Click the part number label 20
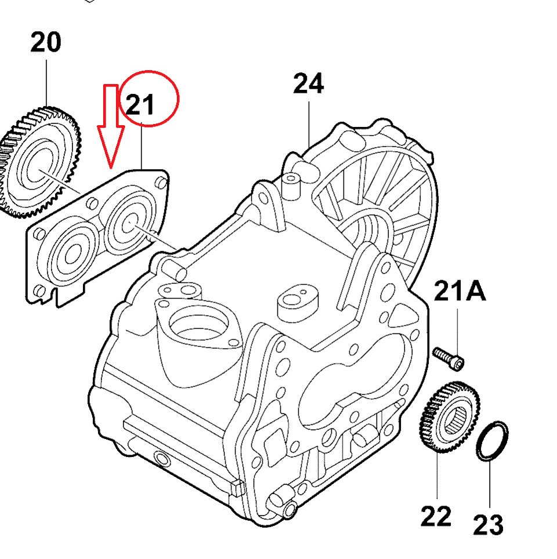tap(45, 43)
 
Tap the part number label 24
tap(308, 85)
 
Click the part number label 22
tap(436, 516)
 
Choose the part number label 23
tap(488, 525)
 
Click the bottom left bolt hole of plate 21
tap(39, 291)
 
